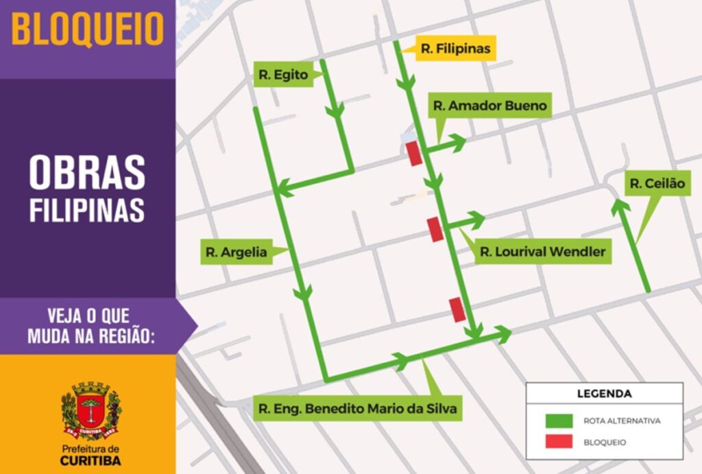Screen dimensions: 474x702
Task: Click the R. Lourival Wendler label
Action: coord(542,252)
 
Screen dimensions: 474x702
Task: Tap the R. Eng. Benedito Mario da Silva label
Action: coord(359,409)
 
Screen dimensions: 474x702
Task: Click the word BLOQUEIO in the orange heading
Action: coord(88,29)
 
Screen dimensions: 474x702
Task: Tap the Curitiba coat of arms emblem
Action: coord(91,410)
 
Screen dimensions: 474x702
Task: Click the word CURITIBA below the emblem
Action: coord(90,460)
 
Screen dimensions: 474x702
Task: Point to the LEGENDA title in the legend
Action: coord(604,394)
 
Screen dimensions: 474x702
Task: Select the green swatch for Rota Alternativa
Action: coord(558,420)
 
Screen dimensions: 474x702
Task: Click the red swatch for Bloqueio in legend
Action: coord(558,442)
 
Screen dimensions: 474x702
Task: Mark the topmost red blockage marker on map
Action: coord(413,153)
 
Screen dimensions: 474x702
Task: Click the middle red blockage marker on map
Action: coord(435,228)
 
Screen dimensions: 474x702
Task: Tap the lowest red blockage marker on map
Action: coord(457,309)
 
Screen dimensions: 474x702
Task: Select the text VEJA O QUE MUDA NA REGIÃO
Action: coord(91,326)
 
